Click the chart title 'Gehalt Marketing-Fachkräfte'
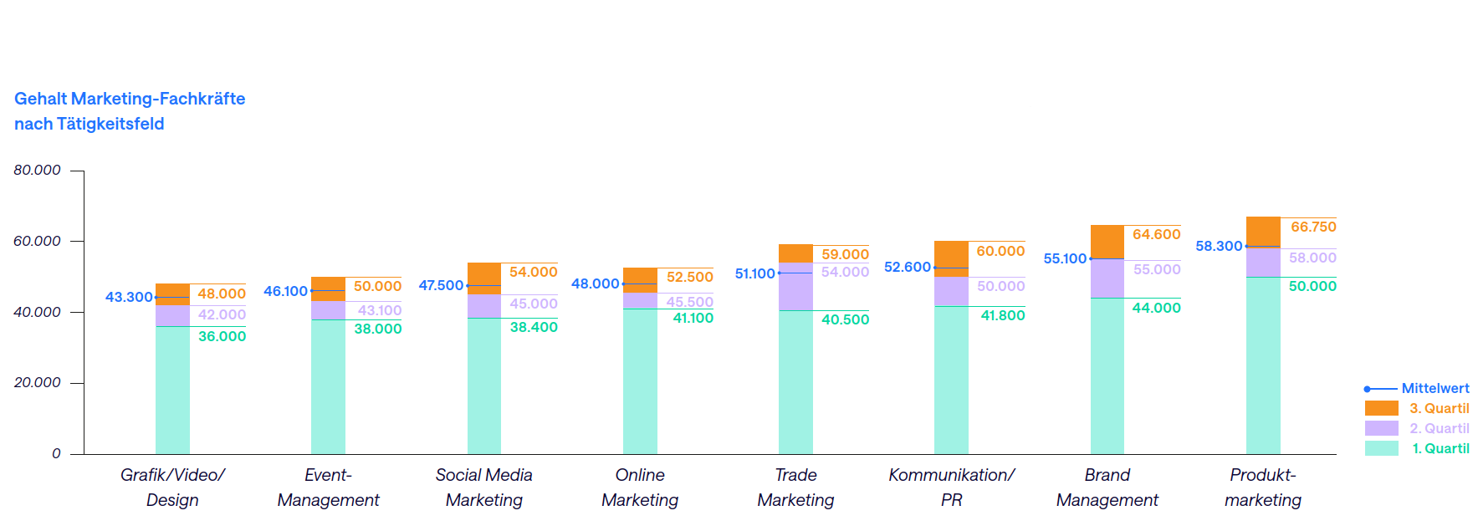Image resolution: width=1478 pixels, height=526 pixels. (x=130, y=99)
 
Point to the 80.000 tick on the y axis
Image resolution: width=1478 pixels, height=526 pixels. (x=37, y=170)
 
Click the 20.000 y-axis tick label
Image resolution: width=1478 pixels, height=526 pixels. (x=37, y=382)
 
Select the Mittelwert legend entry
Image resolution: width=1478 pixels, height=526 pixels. (x=1435, y=388)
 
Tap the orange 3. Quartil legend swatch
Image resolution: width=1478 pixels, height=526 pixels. (x=1381, y=408)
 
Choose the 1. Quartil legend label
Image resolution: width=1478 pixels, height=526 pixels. (x=1440, y=448)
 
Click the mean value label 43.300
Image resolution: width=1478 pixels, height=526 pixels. (x=129, y=297)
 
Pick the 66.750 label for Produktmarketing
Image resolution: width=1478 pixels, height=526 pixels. (x=1313, y=227)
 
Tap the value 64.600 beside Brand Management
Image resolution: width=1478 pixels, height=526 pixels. (x=1156, y=234)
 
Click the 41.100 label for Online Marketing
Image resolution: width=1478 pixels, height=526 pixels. (x=693, y=318)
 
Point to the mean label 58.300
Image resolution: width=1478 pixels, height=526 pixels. (x=1219, y=246)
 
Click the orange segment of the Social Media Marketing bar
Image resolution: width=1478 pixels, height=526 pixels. (x=484, y=278)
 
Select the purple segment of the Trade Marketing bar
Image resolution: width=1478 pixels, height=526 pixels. (x=795, y=286)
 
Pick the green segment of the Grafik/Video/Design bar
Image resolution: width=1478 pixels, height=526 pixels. (x=172, y=390)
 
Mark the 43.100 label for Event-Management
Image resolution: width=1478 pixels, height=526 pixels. (x=380, y=310)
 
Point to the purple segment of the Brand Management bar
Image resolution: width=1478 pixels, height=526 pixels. (x=1107, y=278)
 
